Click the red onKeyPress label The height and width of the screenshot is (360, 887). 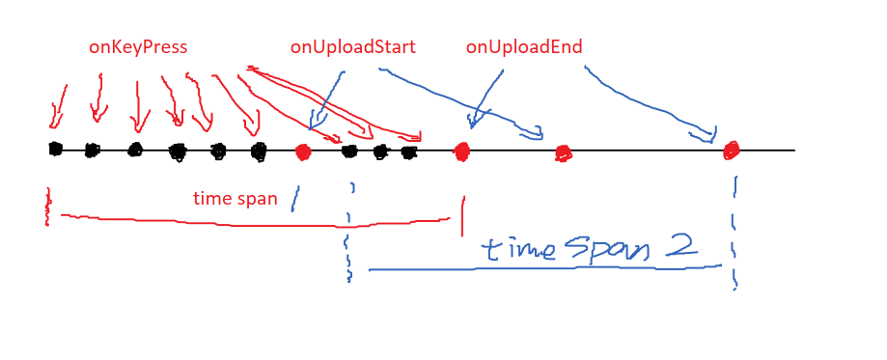pyautogui.click(x=137, y=47)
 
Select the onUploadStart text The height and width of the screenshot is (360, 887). pyautogui.click(x=353, y=47)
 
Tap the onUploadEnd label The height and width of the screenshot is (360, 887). pyautogui.click(x=524, y=47)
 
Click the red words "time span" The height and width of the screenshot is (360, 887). pyautogui.click(x=236, y=199)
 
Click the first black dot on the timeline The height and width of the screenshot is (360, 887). pyautogui.click(x=55, y=149)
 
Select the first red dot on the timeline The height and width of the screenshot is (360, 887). pyautogui.click(x=303, y=152)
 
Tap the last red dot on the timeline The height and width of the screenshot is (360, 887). pyautogui.click(x=731, y=150)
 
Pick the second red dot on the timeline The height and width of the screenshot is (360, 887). pyautogui.click(x=462, y=152)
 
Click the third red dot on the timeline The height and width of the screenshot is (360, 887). pyautogui.click(x=563, y=152)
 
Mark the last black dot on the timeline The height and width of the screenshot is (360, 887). pyautogui.click(x=409, y=152)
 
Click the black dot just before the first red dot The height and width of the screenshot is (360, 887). pyautogui.click(x=259, y=152)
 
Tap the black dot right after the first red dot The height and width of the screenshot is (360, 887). pyautogui.click(x=349, y=151)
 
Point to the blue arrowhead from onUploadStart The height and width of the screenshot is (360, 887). pyautogui.click(x=313, y=122)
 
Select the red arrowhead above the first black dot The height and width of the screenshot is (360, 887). pyautogui.click(x=55, y=120)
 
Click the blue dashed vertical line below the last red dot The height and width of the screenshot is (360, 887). pyautogui.click(x=735, y=233)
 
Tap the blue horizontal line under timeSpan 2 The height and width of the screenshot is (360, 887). pyautogui.click(x=545, y=267)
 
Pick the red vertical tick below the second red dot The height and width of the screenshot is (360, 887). pyautogui.click(x=463, y=216)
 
